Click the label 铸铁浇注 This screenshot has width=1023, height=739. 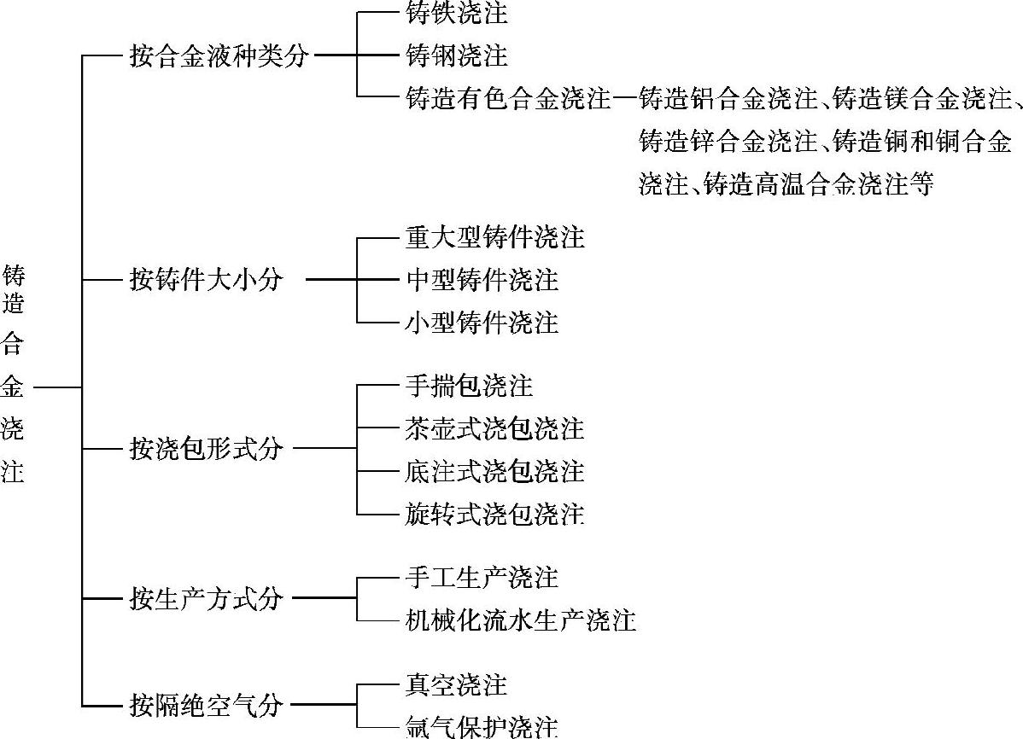[456, 13]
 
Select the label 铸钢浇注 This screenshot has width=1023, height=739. [456, 56]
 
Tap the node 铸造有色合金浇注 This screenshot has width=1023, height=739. [508, 99]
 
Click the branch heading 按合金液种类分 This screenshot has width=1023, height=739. [219, 56]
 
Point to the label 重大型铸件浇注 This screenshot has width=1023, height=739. [494, 236]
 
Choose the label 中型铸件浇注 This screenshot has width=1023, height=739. [482, 279]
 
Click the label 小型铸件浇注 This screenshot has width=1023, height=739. [482, 322]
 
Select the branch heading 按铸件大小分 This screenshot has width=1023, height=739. [205, 279]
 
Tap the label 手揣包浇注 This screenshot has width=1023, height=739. [469, 386]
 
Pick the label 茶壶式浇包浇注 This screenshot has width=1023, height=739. [494, 428]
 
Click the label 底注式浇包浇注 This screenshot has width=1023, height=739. [494, 470]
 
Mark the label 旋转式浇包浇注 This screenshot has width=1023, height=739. [494, 513]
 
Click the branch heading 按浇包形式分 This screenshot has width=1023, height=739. [205, 448]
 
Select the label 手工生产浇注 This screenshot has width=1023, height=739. [482, 577]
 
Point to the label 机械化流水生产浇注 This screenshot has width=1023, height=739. [520, 620]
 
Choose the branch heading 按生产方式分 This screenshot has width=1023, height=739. [205, 598]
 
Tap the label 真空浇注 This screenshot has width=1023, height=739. [456, 684]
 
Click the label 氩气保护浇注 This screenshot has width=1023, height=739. [482, 726]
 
